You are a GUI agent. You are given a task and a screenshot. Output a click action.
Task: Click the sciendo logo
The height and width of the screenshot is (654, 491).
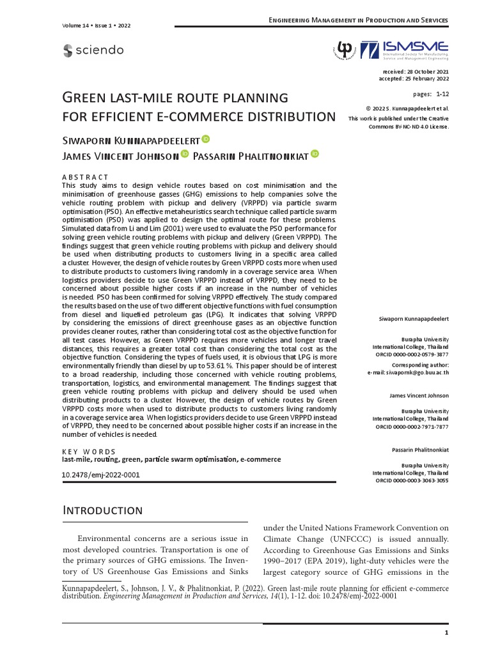point(93,50)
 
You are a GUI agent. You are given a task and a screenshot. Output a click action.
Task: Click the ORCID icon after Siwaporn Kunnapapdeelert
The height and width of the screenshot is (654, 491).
point(206,139)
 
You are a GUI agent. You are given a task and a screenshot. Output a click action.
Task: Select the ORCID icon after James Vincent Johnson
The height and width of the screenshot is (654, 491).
point(184,154)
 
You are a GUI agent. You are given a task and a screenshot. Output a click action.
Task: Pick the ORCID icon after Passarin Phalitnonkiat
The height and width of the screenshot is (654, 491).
point(315,154)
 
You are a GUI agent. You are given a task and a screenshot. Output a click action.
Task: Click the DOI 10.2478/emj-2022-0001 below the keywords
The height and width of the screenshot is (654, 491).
point(100,476)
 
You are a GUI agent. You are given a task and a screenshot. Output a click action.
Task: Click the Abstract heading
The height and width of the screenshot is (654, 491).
point(85,177)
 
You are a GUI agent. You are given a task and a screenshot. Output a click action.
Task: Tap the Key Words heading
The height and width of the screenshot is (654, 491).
point(88,452)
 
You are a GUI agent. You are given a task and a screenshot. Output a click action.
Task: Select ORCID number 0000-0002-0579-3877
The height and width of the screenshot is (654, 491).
point(423,354)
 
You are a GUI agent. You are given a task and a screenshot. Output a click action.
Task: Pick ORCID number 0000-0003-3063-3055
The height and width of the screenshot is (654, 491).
point(423,480)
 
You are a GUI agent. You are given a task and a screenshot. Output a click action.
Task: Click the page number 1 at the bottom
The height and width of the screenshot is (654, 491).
point(446,632)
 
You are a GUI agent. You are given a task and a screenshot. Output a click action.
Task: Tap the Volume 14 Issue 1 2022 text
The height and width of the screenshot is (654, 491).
point(96,26)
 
